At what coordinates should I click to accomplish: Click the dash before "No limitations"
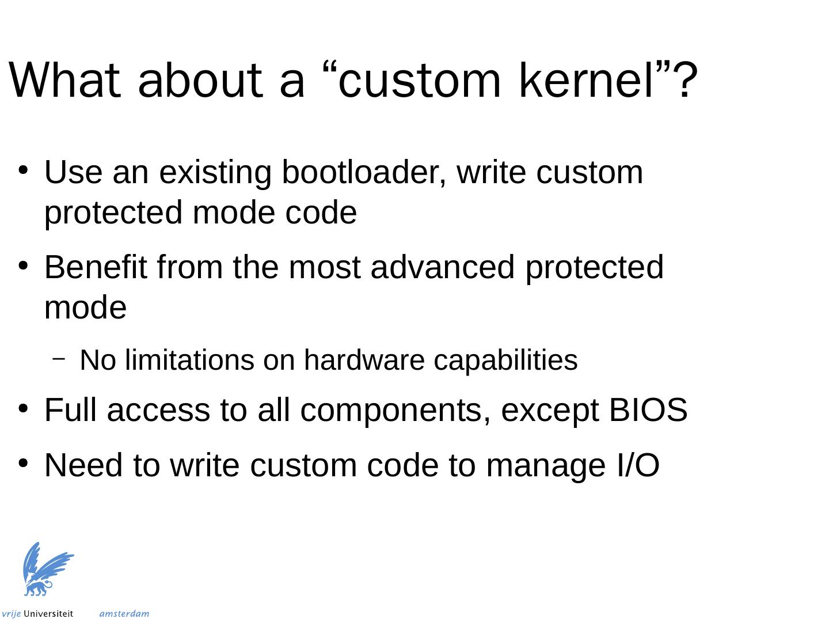(x=58, y=359)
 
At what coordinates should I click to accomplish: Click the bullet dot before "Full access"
(x=23, y=408)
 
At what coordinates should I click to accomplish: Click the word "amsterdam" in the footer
(x=124, y=614)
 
